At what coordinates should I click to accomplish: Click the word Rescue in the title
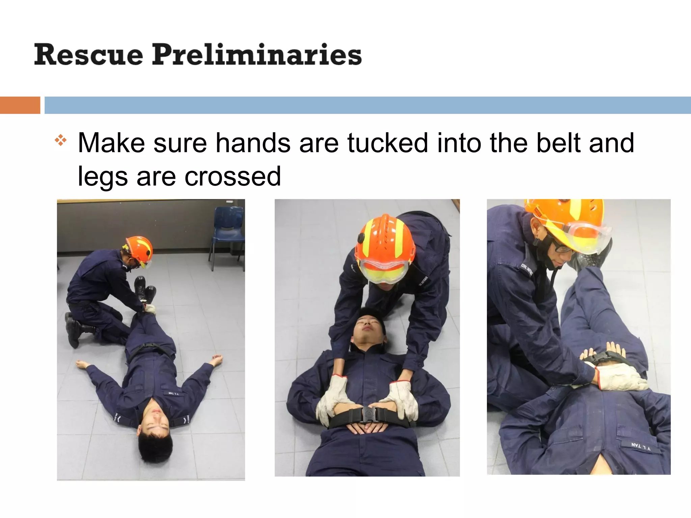(88, 55)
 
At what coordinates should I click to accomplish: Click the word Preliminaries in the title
(257, 55)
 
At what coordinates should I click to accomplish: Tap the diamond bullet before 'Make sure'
(61, 140)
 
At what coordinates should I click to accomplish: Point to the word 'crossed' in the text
(232, 176)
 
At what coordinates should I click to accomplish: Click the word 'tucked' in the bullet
(388, 143)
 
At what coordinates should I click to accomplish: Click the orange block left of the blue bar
(20, 105)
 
